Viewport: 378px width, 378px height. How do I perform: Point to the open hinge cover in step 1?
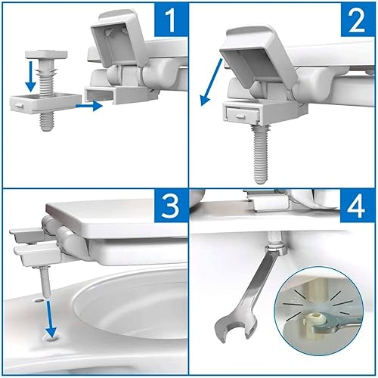tap(121, 39)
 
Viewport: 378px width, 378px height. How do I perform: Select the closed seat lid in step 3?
tap(113, 218)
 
